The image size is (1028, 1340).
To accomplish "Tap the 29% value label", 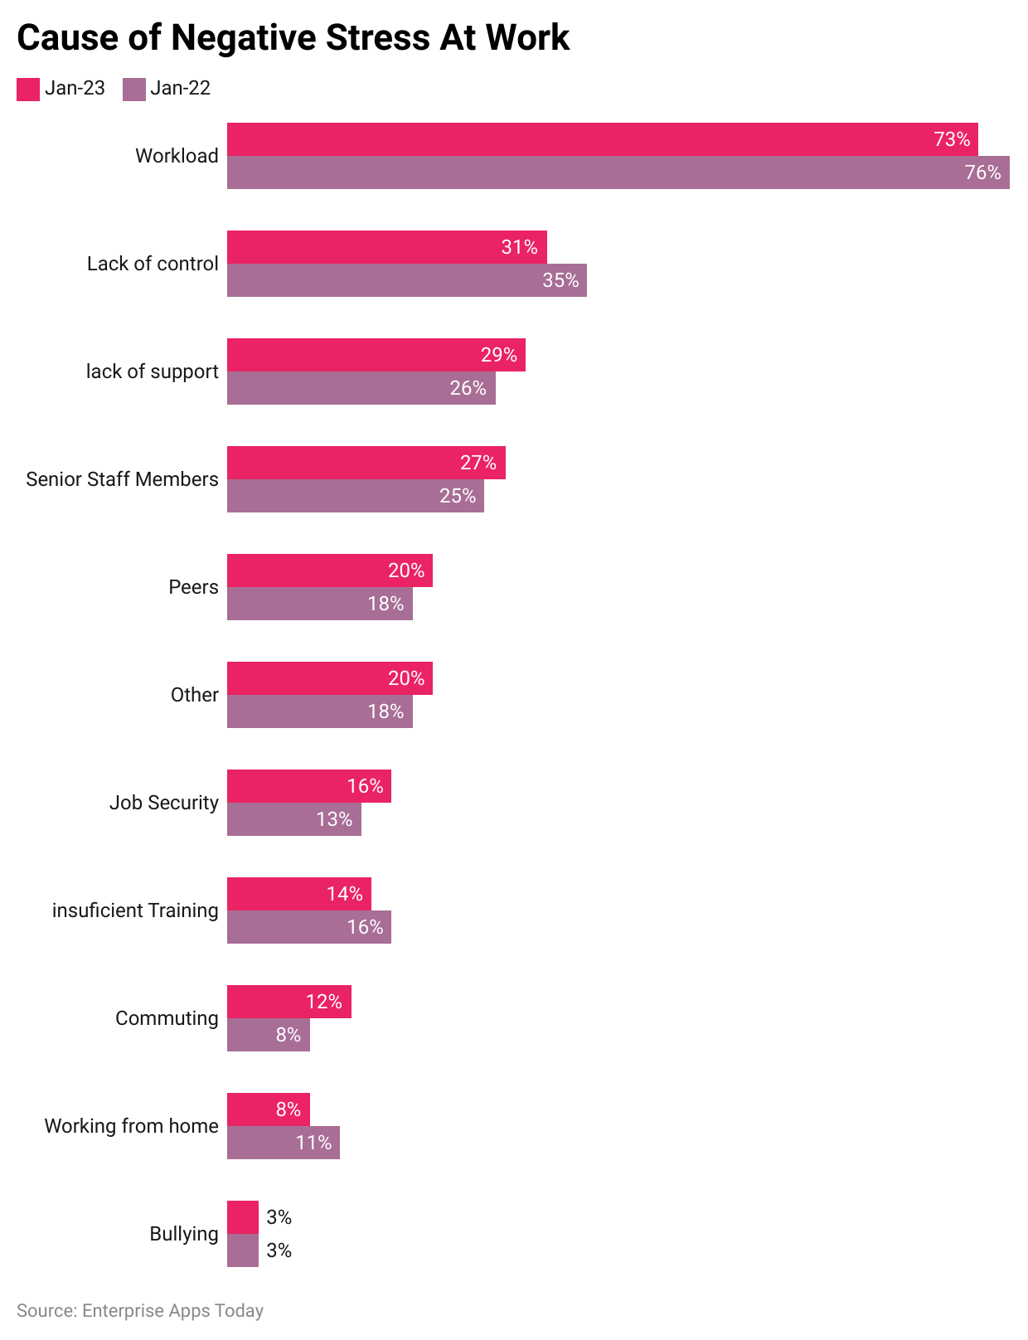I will click(498, 355).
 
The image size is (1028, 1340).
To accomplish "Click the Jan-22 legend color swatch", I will click(133, 89).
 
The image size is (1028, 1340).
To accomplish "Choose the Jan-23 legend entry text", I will click(75, 88).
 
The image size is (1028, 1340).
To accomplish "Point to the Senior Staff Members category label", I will click(122, 479).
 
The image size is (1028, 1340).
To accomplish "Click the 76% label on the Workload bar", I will click(982, 172).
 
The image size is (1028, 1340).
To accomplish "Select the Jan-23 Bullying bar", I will click(242, 1217).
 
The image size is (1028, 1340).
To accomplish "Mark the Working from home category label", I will click(131, 1126).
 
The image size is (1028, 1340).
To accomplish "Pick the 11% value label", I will click(313, 1143).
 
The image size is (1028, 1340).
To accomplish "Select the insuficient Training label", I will click(135, 910).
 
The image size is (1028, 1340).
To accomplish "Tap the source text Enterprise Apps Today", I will click(172, 1311).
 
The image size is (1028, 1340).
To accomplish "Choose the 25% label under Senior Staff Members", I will click(458, 496).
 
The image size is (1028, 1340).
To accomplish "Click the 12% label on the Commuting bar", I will click(323, 1002).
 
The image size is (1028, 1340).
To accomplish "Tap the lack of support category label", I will click(152, 371).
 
